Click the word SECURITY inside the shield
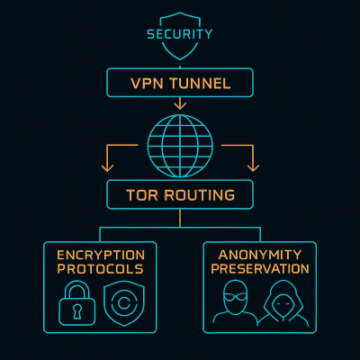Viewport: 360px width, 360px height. pyautogui.click(x=180, y=34)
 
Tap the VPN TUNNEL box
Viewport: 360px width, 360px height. pyautogui.click(x=180, y=83)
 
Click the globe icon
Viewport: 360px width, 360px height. pyautogui.click(x=180, y=144)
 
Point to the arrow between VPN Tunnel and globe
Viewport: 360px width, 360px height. pyautogui.click(x=180, y=103)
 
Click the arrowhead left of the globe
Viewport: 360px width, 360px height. pyautogui.click(x=108, y=166)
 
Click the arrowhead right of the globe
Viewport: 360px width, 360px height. pyautogui.click(x=253, y=166)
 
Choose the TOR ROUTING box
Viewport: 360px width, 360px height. pyautogui.click(x=180, y=194)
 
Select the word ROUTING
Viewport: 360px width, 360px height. pyautogui.click(x=202, y=195)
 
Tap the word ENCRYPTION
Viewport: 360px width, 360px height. pyautogui.click(x=100, y=255)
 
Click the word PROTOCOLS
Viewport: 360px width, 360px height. pyautogui.click(x=100, y=269)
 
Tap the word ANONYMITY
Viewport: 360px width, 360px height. pyautogui.click(x=259, y=255)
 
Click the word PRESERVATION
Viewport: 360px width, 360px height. pyautogui.click(x=259, y=269)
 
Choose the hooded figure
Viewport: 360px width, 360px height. pyautogui.click(x=283, y=304)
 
